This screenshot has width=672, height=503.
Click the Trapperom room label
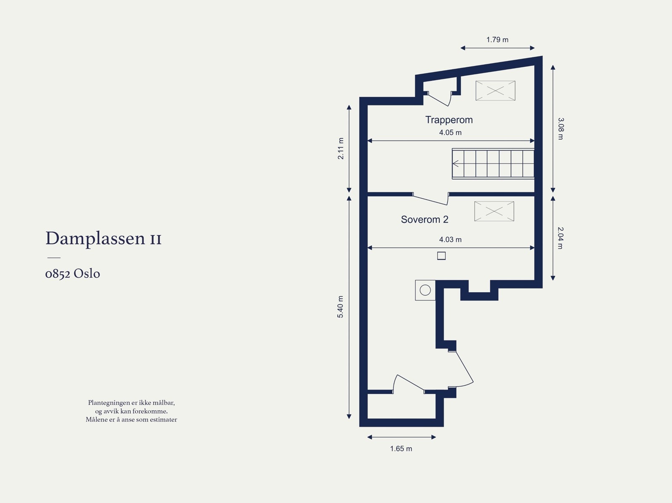pos(449,120)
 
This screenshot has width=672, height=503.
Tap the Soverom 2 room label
pos(425,220)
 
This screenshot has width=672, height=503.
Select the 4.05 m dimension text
pos(450,133)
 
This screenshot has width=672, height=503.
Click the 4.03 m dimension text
pos(450,240)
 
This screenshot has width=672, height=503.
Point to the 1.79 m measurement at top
pos(497,40)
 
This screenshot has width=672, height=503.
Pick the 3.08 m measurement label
pos(561,128)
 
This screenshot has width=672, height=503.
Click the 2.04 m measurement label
pos(561,238)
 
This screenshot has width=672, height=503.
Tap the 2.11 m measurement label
pos(341,149)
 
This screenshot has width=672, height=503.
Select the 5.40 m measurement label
pos(341,307)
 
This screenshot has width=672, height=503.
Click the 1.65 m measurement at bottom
pos(401,449)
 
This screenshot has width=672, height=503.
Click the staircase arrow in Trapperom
pos(456,164)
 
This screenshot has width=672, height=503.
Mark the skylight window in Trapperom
pos(495,91)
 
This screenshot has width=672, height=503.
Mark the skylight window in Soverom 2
pos(494,211)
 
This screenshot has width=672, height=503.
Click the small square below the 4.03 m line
pos(441,256)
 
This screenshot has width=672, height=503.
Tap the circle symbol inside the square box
pos(425,290)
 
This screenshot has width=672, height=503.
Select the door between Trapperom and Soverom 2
pos(431,199)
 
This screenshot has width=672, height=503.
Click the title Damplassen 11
pos(103,238)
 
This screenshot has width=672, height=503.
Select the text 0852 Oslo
pos(73,274)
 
